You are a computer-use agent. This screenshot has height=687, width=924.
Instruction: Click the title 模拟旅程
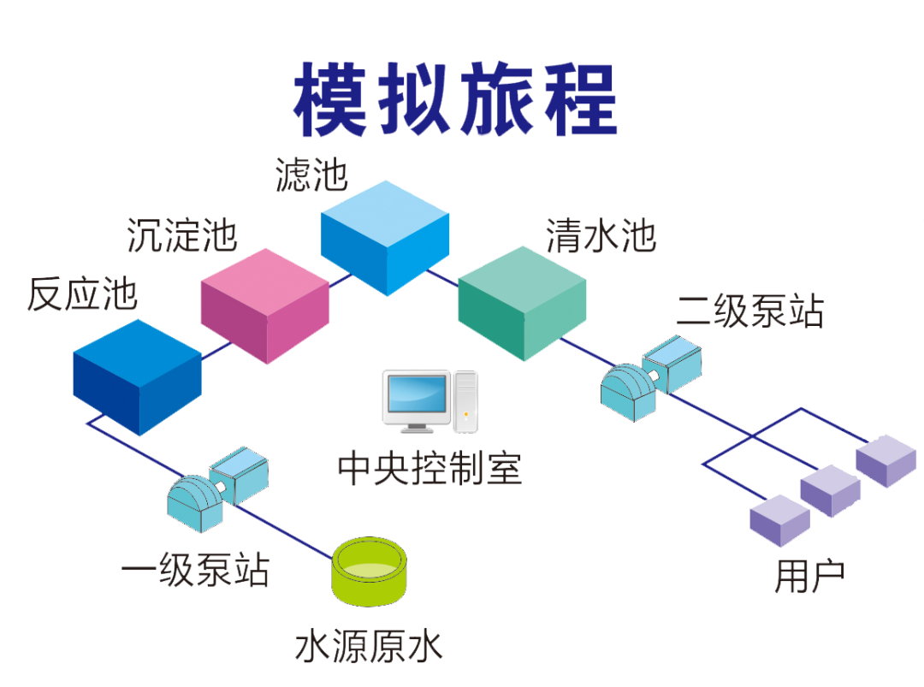[x=455, y=99]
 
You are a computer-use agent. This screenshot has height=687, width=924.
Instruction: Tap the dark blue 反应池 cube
[x=137, y=377]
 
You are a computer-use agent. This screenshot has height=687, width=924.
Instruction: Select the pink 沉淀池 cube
[x=265, y=305]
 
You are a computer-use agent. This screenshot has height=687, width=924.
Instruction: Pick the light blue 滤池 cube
[x=385, y=238]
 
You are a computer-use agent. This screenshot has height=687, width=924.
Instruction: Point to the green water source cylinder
[x=370, y=572]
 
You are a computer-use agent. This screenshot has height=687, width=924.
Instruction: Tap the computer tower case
[x=465, y=401]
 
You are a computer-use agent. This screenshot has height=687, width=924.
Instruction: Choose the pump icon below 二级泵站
[x=651, y=378]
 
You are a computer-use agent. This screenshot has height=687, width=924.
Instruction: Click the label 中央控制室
[x=430, y=469]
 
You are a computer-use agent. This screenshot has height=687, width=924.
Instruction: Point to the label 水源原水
[x=369, y=646]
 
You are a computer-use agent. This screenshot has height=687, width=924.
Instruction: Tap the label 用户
[x=809, y=577]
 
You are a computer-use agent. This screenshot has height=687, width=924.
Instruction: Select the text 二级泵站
[x=749, y=311]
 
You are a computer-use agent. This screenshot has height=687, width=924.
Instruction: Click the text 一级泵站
[x=196, y=570]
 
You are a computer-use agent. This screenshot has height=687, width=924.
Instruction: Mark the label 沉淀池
[x=182, y=235]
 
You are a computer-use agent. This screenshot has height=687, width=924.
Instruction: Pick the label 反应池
[x=82, y=294]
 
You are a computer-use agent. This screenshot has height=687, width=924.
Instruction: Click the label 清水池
[x=601, y=235]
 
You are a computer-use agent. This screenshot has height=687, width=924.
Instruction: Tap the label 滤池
[x=311, y=175]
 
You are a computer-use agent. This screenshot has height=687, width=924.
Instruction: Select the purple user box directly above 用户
[x=779, y=519]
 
